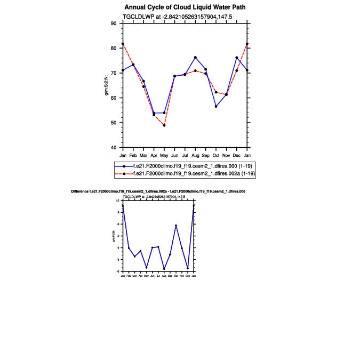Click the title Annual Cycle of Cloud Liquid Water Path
(185, 7)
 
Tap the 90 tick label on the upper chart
(113, 23)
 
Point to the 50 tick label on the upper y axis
(113, 123)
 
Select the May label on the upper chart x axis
(164, 155)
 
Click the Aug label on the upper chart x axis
(195, 155)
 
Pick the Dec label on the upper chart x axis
(237, 155)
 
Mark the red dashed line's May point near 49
(164, 125)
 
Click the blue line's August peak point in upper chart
(195, 57)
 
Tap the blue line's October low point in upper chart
(216, 106)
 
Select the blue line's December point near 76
(237, 58)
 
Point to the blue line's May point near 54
(164, 113)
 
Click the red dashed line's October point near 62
(216, 92)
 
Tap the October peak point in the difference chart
(176, 226)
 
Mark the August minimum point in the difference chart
(164, 269)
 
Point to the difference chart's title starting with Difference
(158, 190)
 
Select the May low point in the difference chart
(147, 268)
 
